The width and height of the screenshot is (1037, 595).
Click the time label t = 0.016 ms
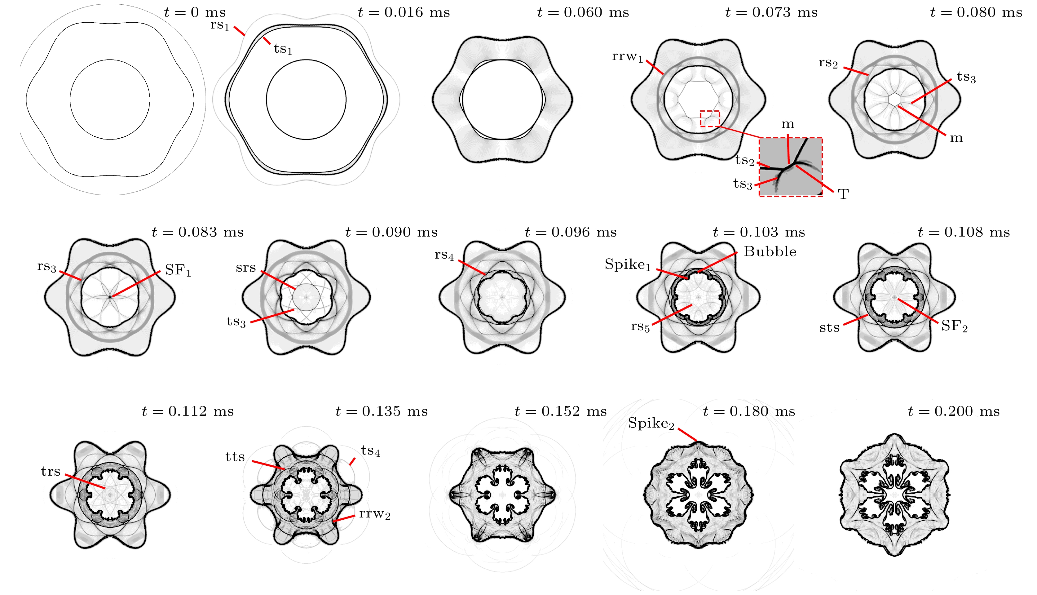coord(404,12)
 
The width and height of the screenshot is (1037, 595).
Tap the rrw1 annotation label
coord(627,57)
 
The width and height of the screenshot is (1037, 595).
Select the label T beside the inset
coord(843,194)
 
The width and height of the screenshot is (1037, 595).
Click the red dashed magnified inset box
coord(790,167)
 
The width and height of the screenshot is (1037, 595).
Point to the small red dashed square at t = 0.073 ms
coord(710,118)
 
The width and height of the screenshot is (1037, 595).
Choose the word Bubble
coord(770,251)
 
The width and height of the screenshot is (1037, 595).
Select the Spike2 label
coord(651,423)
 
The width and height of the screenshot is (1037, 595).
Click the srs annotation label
coord(246,268)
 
